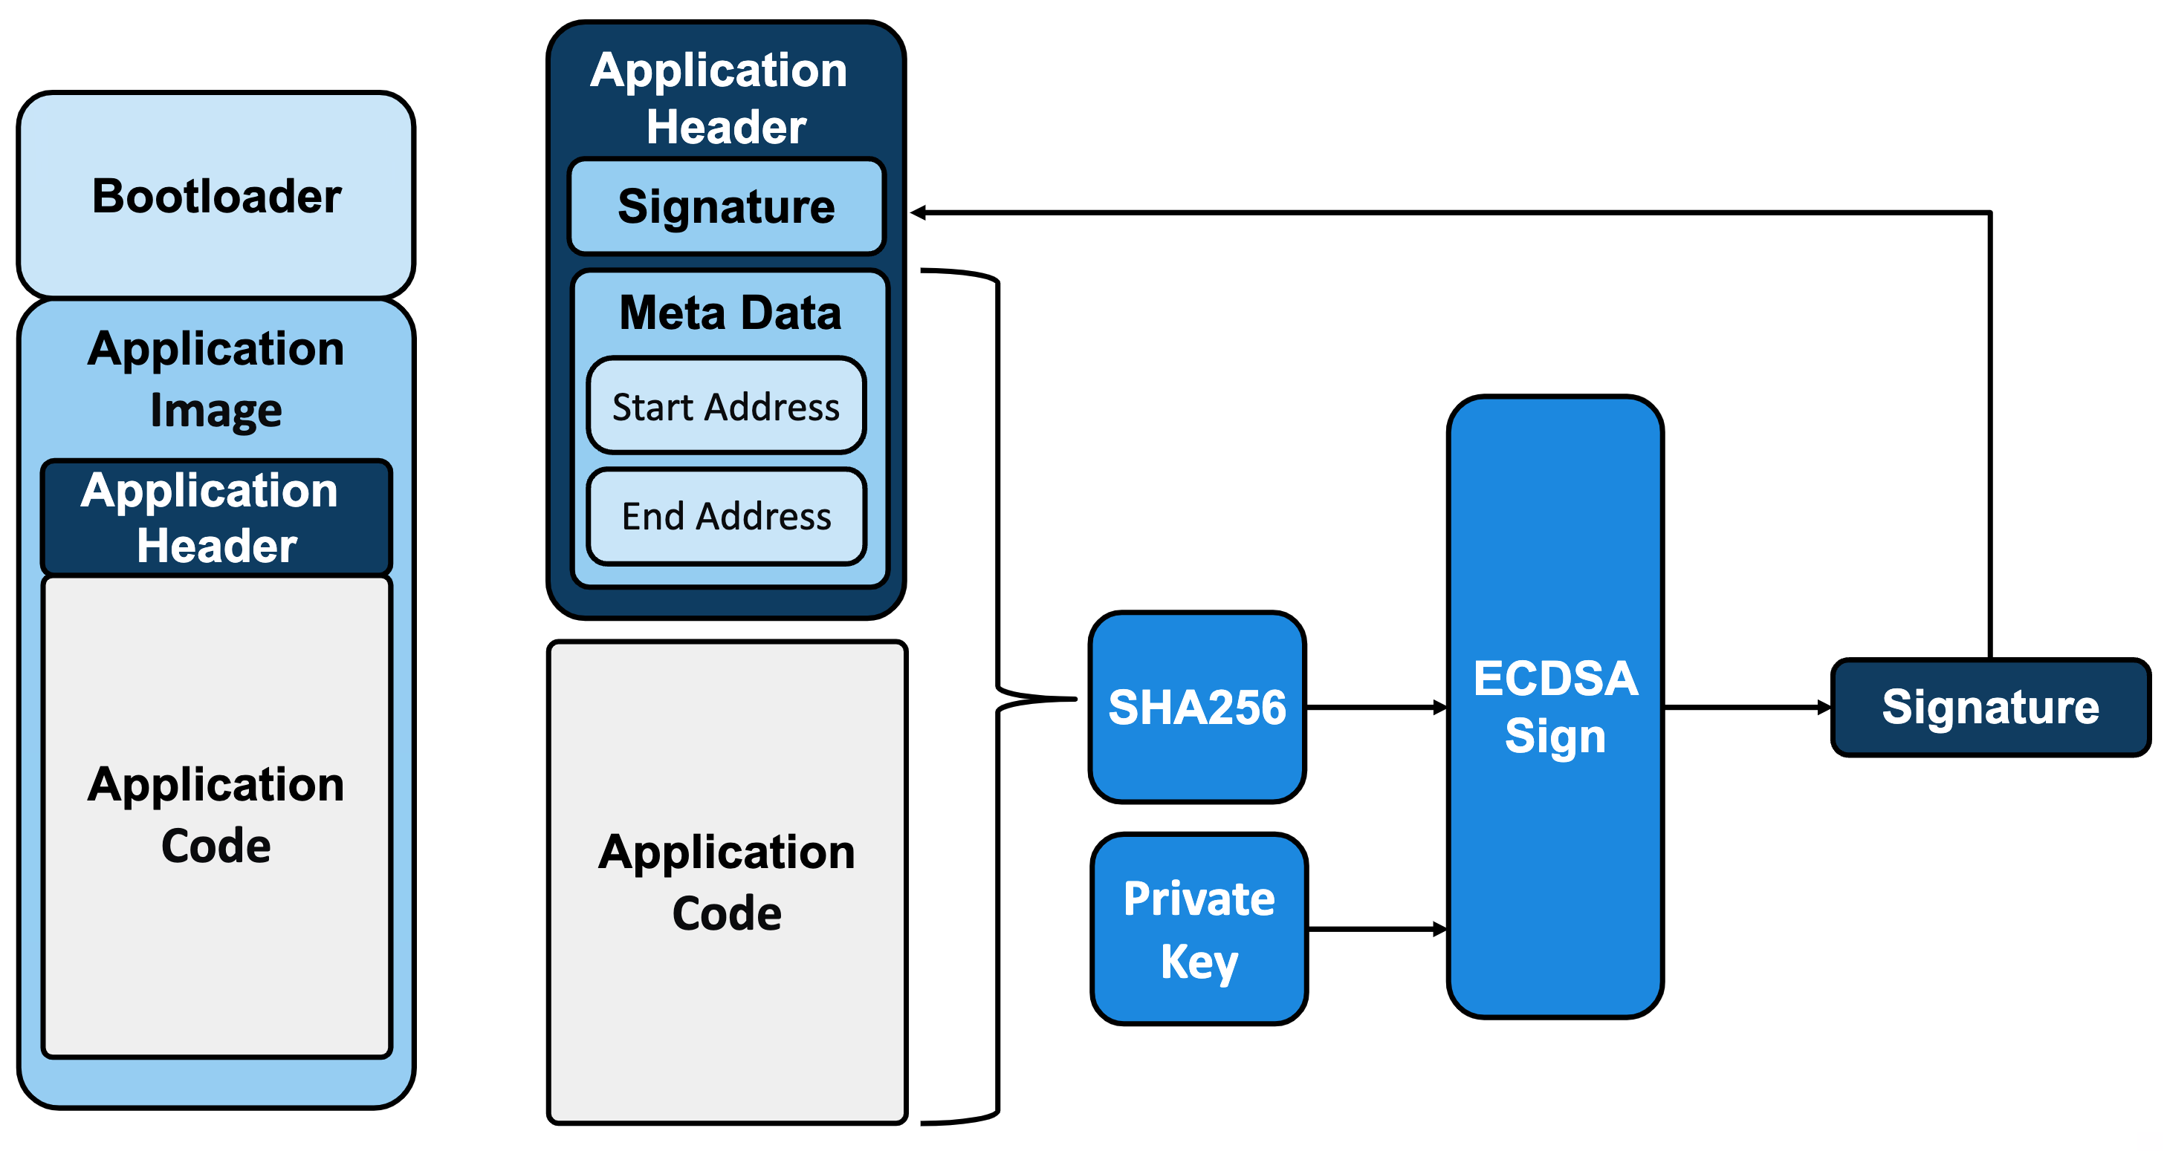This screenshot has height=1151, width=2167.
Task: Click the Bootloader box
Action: (216, 195)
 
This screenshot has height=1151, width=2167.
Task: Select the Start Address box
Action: (726, 406)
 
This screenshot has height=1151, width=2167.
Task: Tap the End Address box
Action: (726, 515)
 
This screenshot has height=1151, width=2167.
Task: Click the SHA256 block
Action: (1197, 707)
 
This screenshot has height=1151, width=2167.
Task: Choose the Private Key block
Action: (1199, 928)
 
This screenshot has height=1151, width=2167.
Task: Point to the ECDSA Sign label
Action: (1555, 706)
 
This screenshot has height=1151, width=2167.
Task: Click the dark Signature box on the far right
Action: (1990, 707)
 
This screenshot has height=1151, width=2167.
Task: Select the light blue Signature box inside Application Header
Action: (726, 206)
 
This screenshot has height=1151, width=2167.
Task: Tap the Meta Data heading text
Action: (729, 313)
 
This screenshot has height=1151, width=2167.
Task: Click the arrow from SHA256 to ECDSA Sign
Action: (1376, 708)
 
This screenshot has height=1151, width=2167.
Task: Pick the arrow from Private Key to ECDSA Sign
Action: (1377, 929)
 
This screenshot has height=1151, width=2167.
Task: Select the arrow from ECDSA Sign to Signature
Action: (1746, 708)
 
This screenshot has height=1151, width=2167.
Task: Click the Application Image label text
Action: (216, 378)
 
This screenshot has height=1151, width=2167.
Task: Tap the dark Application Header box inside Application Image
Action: (216, 517)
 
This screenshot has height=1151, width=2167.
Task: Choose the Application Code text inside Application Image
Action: (216, 814)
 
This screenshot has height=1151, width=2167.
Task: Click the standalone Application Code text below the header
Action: (727, 882)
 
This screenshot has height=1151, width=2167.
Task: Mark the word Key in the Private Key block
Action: (1199, 961)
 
